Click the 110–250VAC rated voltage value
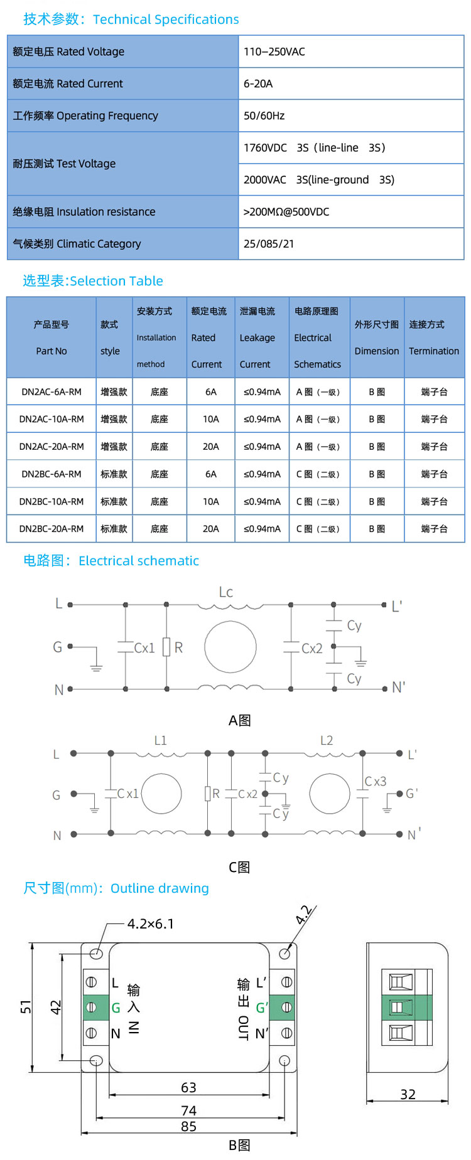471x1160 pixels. pos(274,51)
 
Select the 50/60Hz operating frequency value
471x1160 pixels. pos(264,115)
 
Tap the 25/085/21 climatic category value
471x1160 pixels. pos(269,243)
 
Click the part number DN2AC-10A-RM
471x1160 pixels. pos(51,419)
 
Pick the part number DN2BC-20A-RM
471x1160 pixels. pos(51,529)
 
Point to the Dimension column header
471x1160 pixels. pos(377,351)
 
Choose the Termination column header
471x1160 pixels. pos(434,351)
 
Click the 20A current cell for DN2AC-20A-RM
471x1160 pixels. pos(211,447)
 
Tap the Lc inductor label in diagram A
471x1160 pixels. pos(226,592)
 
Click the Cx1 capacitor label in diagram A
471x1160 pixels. pos(144,648)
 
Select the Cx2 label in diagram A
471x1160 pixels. pos(312,648)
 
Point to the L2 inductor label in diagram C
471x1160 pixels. pos(327,740)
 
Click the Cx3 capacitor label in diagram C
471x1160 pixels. pos(376,782)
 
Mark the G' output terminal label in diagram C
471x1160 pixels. pos(412,793)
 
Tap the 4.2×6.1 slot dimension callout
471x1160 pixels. pos(151,923)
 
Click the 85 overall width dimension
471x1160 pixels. pos(188,1126)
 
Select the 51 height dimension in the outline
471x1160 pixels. pos(26,1006)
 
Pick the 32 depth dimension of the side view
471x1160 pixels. pos(408,1094)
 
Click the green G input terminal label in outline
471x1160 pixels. pos(116,1008)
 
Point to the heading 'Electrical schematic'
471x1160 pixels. pos(139,561)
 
